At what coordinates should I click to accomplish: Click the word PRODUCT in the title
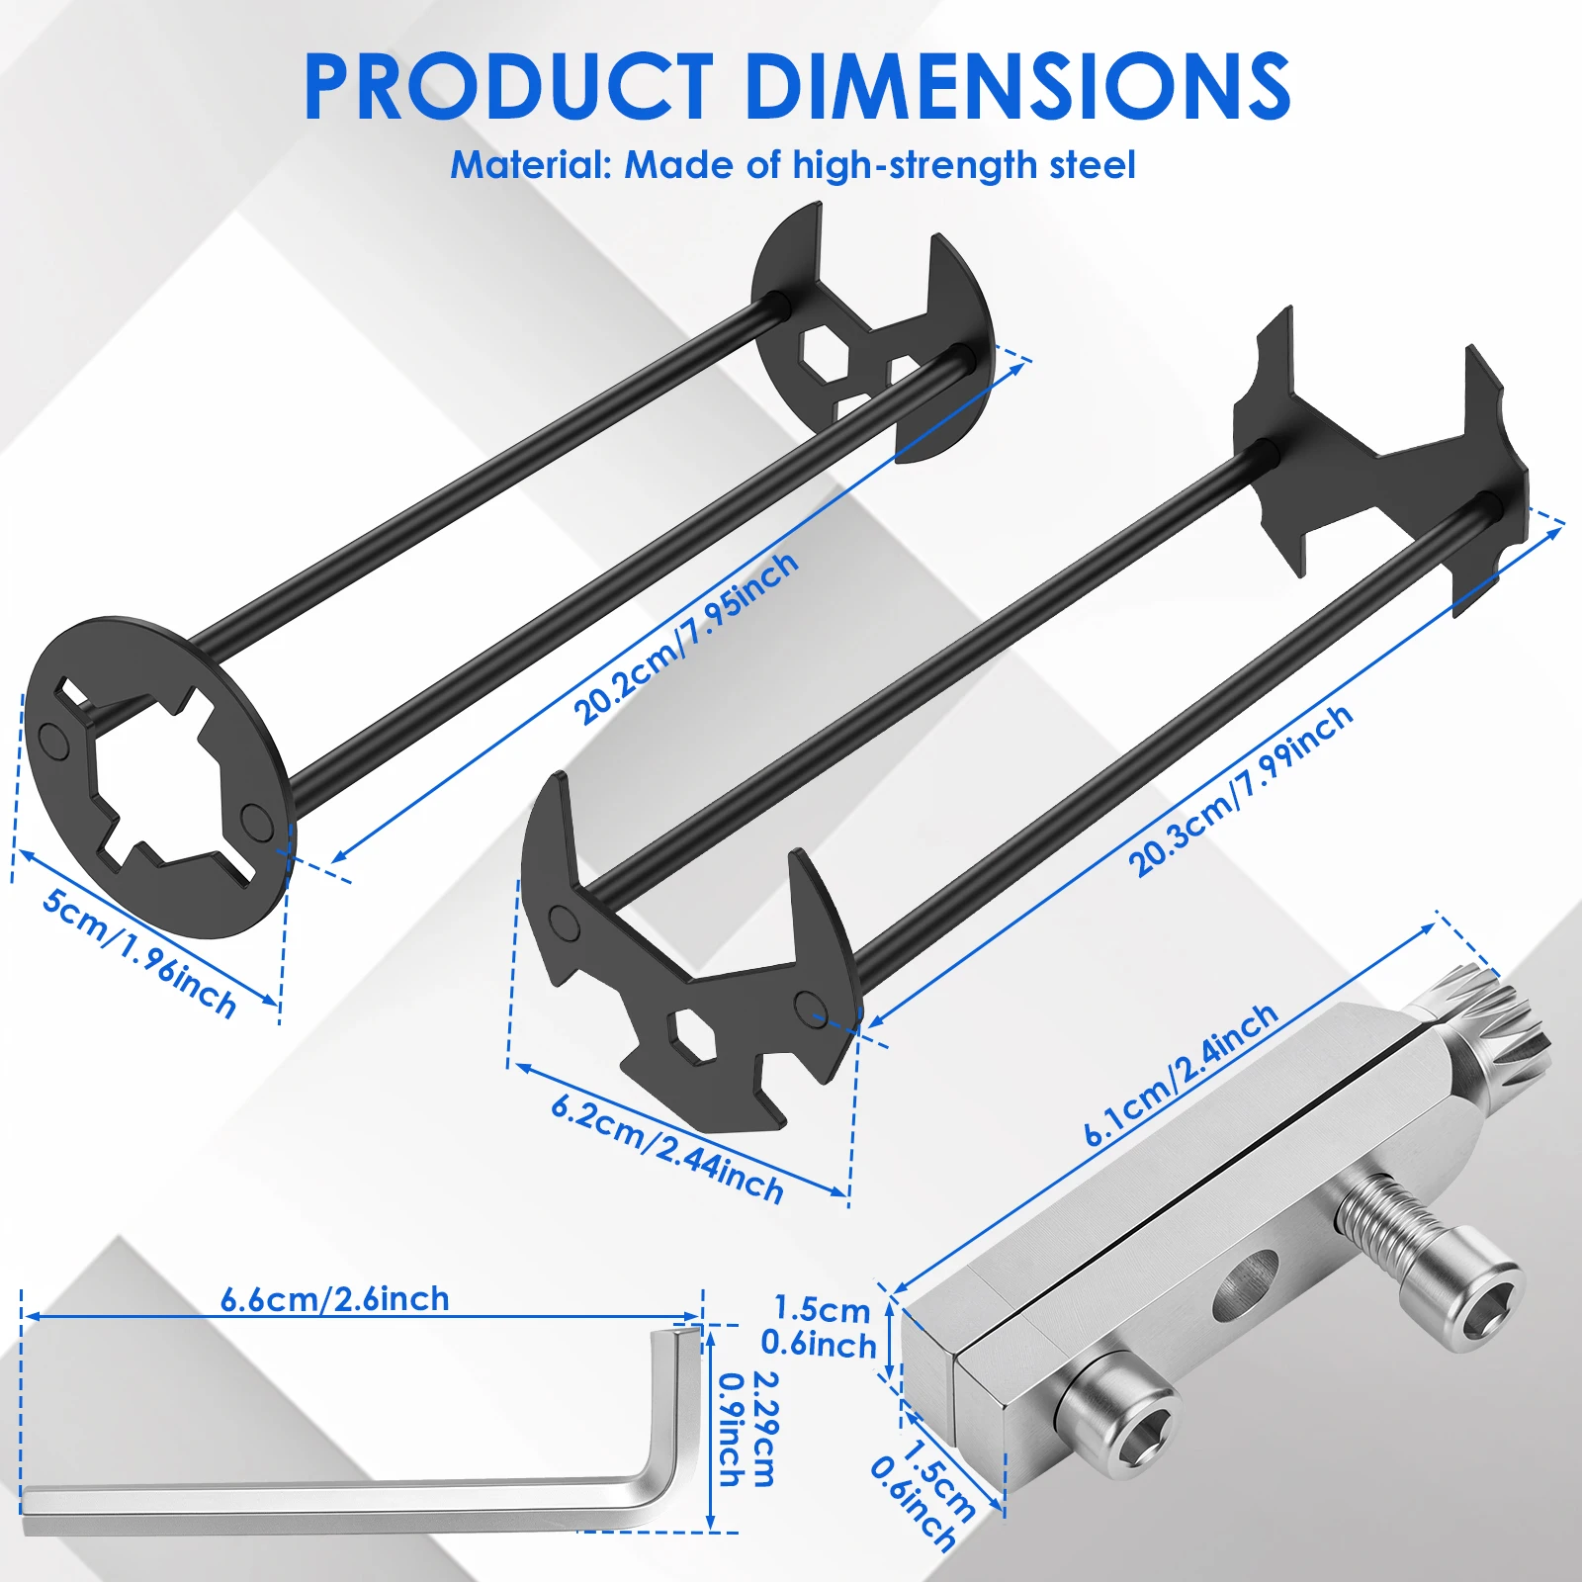pos(508,87)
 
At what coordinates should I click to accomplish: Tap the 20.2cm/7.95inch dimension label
pos(686,638)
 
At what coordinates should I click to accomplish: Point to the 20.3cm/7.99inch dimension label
pos(1241,790)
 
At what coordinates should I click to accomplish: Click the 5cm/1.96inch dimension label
pos(139,953)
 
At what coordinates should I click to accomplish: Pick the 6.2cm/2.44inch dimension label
pos(667,1148)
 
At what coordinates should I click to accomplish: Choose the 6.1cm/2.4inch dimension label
pos(1181,1075)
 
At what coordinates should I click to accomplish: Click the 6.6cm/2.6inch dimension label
pos(335,1298)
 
